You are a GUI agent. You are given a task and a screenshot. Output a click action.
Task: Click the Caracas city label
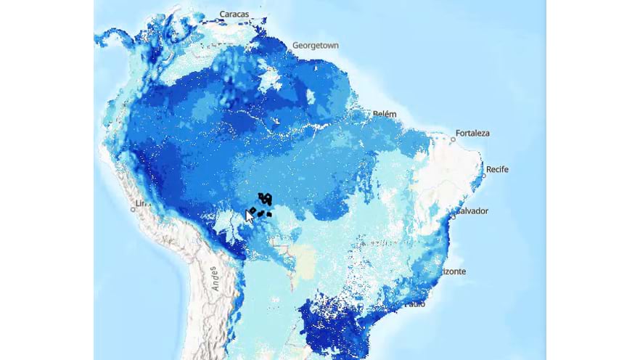tap(234, 14)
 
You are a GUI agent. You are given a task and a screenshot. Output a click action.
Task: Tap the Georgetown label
tap(315, 45)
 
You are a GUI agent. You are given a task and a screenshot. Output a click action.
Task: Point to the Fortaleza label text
tap(472, 134)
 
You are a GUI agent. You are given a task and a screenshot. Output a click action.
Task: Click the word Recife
tap(497, 169)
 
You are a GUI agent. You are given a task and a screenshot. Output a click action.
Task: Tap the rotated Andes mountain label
tap(215, 278)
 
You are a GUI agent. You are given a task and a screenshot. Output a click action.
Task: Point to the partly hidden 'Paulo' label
tap(416, 303)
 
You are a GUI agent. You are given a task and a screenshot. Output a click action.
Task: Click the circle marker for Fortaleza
tap(453, 139)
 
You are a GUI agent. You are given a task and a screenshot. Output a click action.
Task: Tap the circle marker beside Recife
tap(483, 176)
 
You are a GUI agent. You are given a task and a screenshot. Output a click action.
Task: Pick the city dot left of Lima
tap(132, 209)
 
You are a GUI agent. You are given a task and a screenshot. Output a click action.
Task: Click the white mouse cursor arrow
tap(249, 215)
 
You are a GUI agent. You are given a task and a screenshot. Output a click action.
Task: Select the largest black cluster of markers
tap(266, 198)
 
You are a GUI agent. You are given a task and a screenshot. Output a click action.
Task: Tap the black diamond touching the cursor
tap(252, 210)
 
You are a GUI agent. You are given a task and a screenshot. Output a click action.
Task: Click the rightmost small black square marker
tap(269, 214)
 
